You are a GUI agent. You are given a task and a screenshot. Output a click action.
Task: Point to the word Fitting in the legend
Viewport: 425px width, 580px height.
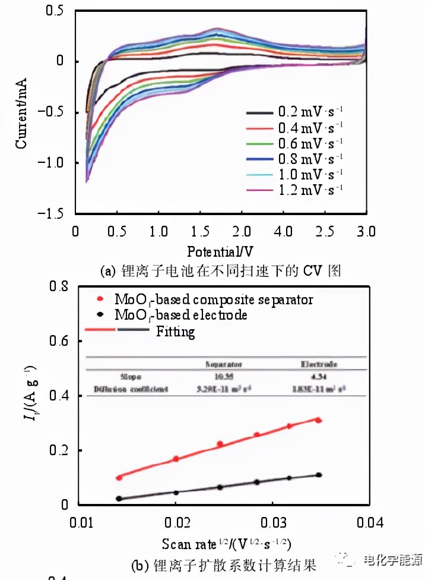(x=175, y=330)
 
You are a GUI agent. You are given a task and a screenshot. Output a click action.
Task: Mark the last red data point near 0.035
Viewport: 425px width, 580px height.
(x=319, y=420)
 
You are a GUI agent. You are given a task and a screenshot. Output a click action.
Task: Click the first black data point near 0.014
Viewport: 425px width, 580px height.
(x=119, y=499)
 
